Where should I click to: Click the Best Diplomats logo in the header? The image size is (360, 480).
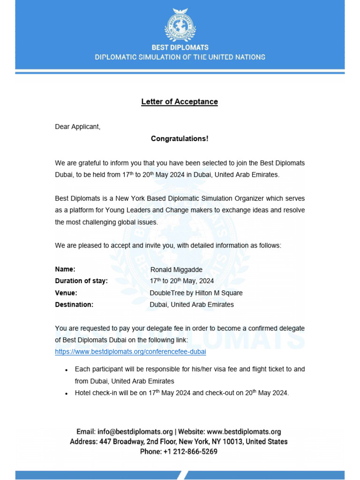coord(180,24)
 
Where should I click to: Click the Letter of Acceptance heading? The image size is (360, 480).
coord(180,102)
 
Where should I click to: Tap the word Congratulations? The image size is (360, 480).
coord(180,139)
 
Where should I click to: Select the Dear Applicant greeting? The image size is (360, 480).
coord(78,127)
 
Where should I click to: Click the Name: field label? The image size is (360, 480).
coord(65,269)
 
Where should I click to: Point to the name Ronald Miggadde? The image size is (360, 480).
coord(176,270)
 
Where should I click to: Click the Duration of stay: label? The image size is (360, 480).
coord(81,281)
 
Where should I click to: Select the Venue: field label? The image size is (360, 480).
coord(66,292)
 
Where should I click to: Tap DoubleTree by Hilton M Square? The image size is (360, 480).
coord(196,293)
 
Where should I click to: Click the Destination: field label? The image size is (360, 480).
coord(74,304)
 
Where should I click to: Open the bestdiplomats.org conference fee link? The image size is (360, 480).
coord(130,351)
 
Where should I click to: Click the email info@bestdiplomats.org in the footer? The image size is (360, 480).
coord(135,432)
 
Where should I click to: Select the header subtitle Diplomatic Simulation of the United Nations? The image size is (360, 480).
coord(180,57)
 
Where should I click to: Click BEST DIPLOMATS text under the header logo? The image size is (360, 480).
coord(180,47)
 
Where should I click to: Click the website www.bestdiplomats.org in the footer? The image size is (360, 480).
coord(244,432)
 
